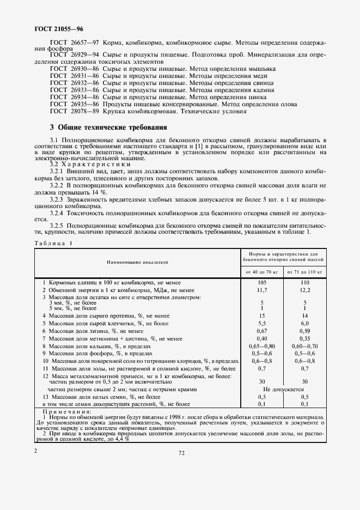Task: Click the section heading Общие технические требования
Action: (107, 128)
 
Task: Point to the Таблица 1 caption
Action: (53, 243)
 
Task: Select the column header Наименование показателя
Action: (137, 262)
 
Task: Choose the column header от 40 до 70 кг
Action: (262, 271)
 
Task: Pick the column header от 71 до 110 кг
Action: (304, 271)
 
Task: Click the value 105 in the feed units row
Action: (262, 283)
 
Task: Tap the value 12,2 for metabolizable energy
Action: (304, 290)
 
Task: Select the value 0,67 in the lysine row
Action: (262, 330)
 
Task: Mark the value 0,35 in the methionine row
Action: (304, 338)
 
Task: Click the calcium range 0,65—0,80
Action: (262, 345)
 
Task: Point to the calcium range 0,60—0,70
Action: (304, 345)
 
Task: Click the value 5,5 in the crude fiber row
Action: (262, 323)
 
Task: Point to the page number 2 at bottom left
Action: (35, 451)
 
